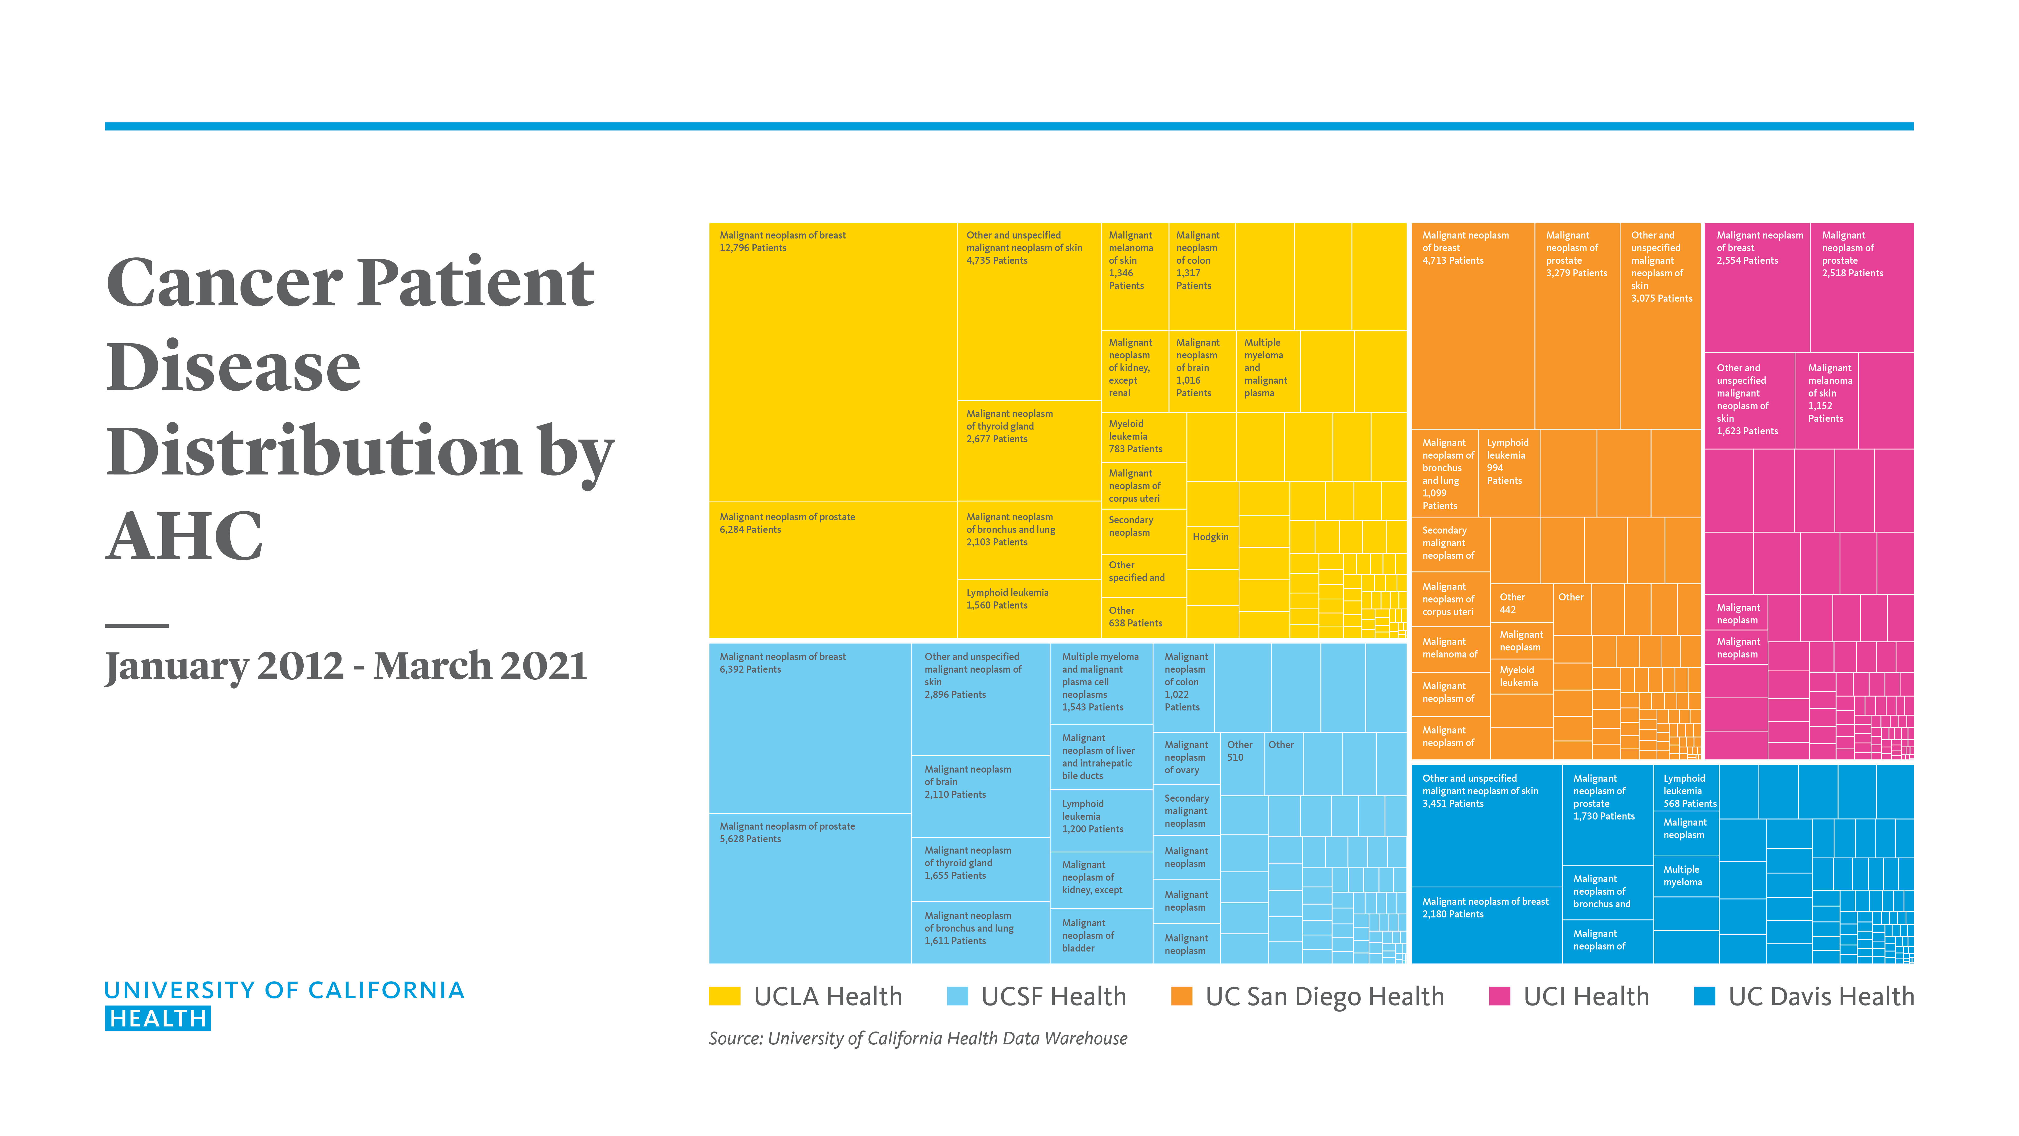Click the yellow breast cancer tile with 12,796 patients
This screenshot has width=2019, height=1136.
pos(832,361)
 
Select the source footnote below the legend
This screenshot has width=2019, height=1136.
pos(917,1038)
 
